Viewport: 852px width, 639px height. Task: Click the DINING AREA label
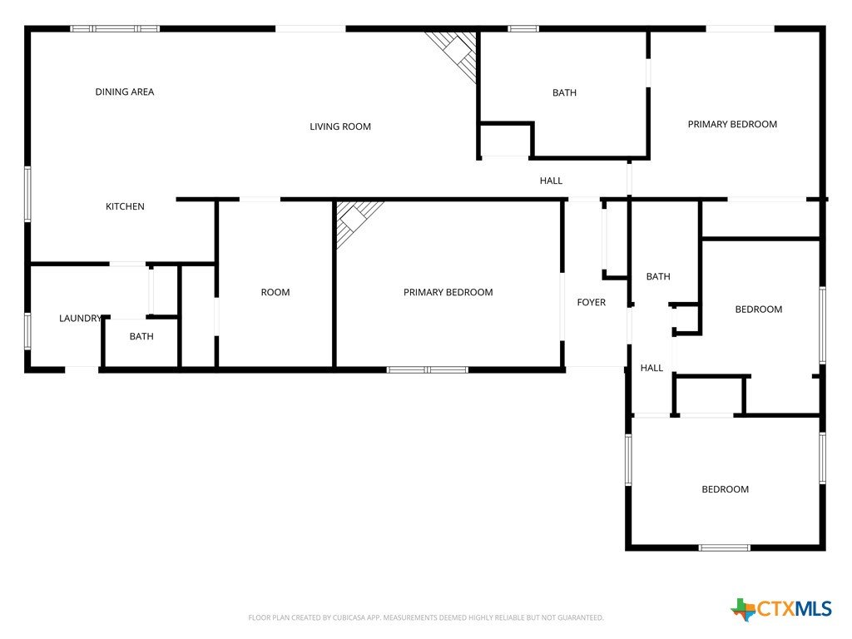[x=125, y=92]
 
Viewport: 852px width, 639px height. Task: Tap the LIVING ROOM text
[x=340, y=126]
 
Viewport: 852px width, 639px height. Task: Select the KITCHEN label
[x=125, y=206]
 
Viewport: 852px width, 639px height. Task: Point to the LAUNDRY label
[x=81, y=319]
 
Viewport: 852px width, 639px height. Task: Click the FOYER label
[x=592, y=302]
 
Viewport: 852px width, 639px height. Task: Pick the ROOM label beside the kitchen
[x=275, y=292]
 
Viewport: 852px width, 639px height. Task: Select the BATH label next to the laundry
[x=141, y=336]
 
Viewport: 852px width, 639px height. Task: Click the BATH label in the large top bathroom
[x=565, y=93]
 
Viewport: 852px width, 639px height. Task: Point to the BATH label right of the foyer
[x=658, y=276]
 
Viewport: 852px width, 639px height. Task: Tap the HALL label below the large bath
[x=551, y=181]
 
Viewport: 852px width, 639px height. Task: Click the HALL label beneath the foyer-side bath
[x=651, y=368]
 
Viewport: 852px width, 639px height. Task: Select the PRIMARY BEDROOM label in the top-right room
[x=732, y=125]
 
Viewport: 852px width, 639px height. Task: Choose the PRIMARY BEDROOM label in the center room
[x=448, y=292]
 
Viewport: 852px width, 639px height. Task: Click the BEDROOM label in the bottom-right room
[x=726, y=489]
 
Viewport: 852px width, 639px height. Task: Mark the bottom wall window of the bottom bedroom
[x=725, y=547]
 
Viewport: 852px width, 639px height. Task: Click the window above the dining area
[x=115, y=29]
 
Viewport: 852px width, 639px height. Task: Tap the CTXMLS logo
[x=781, y=609]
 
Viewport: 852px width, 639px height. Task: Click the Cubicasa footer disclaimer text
[x=426, y=618]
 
